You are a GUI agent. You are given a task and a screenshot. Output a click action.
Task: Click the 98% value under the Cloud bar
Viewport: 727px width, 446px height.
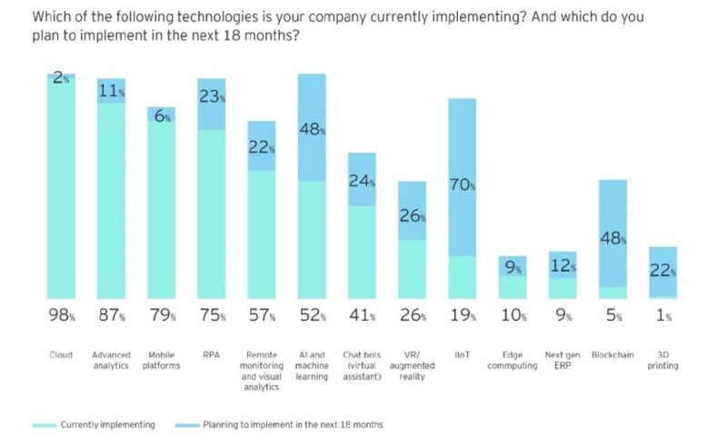(62, 316)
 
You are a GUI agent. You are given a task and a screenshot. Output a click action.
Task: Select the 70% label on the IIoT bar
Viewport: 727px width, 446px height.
(463, 185)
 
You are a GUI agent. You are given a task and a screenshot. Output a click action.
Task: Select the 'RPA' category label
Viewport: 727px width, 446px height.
(211, 354)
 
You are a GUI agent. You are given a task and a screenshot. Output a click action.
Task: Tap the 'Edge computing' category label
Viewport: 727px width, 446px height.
(513, 360)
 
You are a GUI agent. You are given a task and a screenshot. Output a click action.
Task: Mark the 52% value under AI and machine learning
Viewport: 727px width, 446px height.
(312, 316)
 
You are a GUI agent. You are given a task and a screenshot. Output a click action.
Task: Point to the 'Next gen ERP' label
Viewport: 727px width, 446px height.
(563, 360)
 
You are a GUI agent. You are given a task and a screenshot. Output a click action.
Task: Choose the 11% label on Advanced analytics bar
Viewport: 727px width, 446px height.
(111, 90)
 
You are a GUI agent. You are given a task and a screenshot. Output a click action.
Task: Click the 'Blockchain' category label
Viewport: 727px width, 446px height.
(612, 354)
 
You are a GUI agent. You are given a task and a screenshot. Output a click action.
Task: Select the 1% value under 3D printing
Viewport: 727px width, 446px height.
(663, 316)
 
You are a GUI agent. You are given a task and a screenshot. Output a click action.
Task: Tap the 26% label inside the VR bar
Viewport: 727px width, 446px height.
(413, 216)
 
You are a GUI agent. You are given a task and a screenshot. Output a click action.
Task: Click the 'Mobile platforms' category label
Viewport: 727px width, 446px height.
(161, 360)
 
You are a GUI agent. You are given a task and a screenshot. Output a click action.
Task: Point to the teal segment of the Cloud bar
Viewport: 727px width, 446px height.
(61, 191)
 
